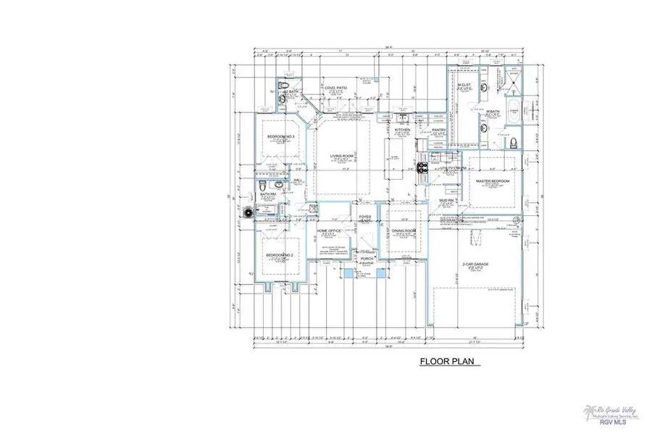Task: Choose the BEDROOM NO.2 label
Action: tap(279, 256)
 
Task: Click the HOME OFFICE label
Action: tap(329, 231)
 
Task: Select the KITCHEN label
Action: tap(402, 130)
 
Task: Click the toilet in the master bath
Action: tap(514, 144)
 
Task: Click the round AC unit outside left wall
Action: tap(249, 213)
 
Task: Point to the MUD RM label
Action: tap(446, 200)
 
